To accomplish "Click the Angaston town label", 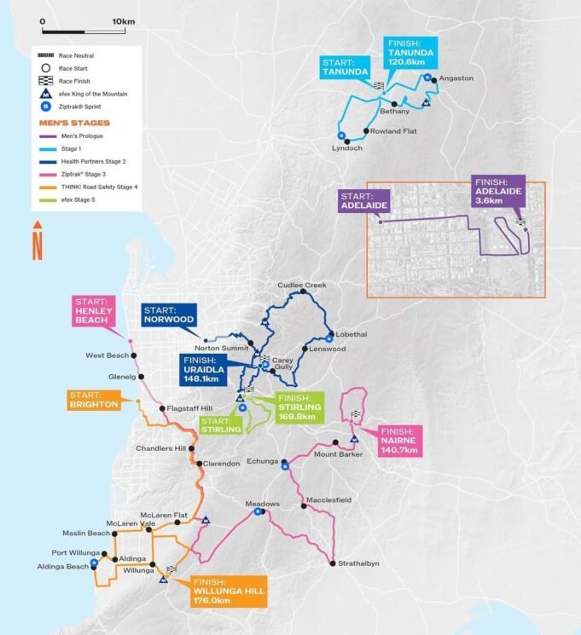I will click(456, 78).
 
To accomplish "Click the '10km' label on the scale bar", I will click(124, 20).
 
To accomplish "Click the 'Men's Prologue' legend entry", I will click(78, 137).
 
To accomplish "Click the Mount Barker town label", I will click(339, 453).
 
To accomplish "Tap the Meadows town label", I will click(263, 504).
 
